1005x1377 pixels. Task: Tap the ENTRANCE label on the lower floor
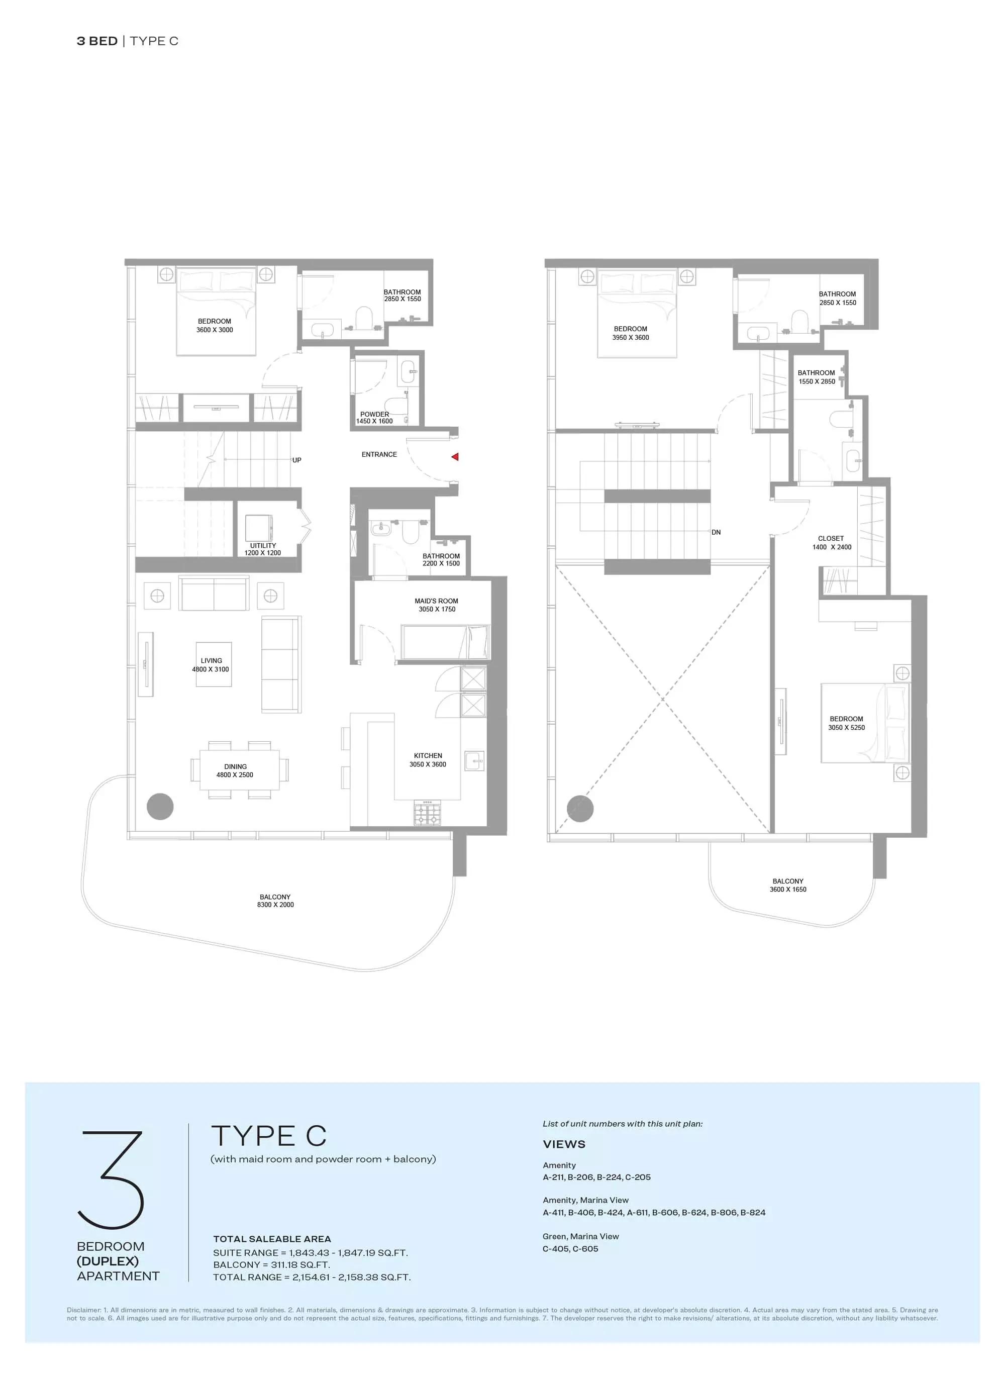tap(379, 454)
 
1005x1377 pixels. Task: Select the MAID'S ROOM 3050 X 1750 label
tap(436, 605)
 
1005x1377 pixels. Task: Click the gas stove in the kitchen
tap(428, 813)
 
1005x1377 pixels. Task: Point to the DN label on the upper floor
tap(716, 532)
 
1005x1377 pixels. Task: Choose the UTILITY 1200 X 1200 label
tap(263, 549)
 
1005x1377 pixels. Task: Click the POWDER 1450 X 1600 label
tap(374, 418)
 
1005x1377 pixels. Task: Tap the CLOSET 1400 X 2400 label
tap(831, 543)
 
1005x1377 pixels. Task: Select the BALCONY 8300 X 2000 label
tap(275, 901)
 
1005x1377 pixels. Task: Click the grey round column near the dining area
tap(160, 807)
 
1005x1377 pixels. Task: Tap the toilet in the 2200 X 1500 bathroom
tap(411, 533)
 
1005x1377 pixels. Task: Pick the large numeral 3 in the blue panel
tap(112, 1180)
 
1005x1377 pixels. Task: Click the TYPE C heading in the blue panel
tap(269, 1136)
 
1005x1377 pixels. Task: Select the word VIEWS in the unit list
tap(564, 1144)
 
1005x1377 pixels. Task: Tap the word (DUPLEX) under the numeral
tap(108, 1261)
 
